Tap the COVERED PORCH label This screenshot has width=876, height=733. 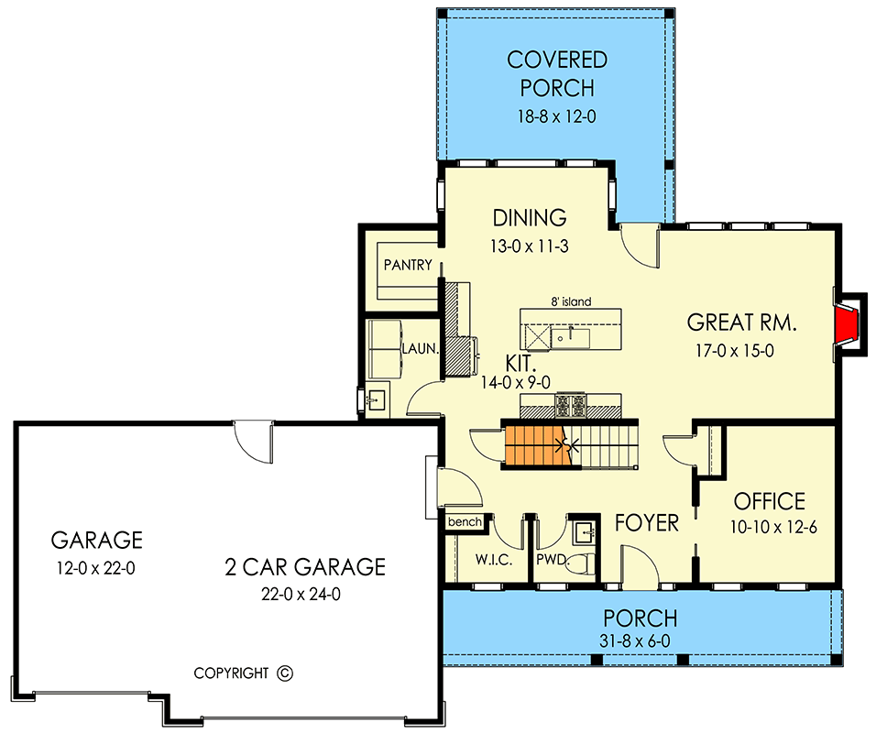click(557, 74)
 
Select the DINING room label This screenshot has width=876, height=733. click(530, 218)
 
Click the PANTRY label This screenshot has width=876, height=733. click(408, 265)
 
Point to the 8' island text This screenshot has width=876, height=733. click(570, 301)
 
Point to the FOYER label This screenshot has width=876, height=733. click(647, 523)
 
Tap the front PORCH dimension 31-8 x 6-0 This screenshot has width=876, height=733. click(641, 640)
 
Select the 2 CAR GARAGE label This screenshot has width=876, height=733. click(305, 567)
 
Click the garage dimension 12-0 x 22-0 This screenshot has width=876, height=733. click(96, 568)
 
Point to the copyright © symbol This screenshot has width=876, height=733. click(284, 673)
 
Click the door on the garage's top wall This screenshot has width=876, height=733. click(252, 441)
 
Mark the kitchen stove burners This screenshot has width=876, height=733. click(571, 402)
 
